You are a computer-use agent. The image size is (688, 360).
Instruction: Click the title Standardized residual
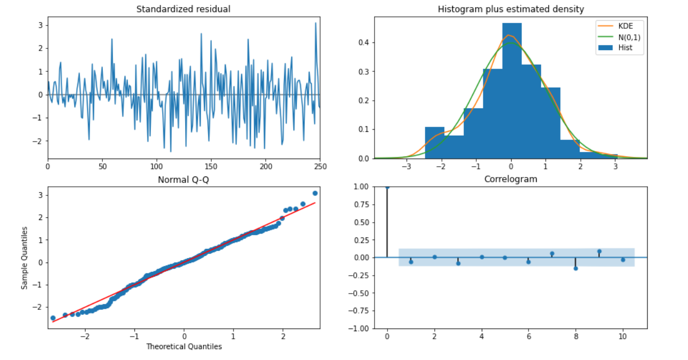click(183, 9)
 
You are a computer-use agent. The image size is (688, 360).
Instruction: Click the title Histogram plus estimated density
click(511, 9)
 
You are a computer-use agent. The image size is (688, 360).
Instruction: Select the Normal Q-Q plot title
click(183, 179)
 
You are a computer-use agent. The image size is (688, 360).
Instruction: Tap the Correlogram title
click(511, 179)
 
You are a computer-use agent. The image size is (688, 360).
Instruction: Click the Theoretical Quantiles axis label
click(183, 346)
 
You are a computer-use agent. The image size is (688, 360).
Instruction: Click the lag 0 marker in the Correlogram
click(387, 187)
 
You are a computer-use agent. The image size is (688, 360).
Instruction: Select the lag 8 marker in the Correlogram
click(575, 268)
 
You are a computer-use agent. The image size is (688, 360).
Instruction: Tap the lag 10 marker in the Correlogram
click(623, 260)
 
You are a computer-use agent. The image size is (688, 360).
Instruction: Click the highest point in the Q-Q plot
click(315, 193)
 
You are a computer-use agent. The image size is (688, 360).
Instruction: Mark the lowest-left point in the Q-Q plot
click(53, 318)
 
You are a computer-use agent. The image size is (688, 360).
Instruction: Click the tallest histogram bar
click(512, 90)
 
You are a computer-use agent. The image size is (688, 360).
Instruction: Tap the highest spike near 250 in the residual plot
click(315, 23)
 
